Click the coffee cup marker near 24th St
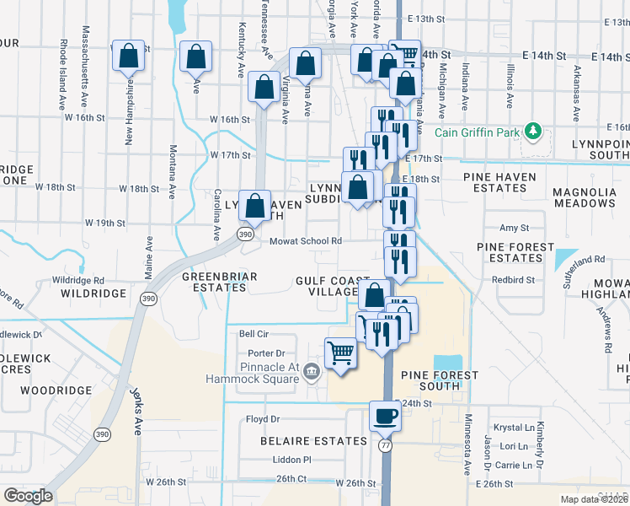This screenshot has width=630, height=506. (x=386, y=417)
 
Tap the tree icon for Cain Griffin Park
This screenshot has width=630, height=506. (x=532, y=132)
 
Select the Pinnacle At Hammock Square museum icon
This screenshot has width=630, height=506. (x=311, y=370)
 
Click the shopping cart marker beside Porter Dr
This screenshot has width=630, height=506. (x=340, y=352)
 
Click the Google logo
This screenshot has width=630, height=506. (x=28, y=496)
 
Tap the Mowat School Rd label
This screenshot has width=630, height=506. (x=305, y=241)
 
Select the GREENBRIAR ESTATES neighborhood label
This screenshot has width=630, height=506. (x=215, y=281)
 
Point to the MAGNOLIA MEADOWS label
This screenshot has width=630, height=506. (x=585, y=197)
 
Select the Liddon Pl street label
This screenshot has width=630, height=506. (x=291, y=460)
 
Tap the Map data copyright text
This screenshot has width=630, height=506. (x=593, y=499)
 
